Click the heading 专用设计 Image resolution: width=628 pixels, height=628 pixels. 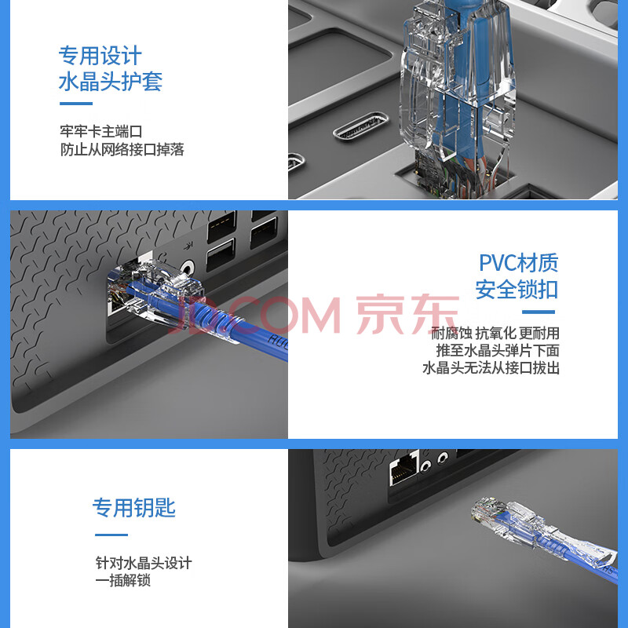[100, 55]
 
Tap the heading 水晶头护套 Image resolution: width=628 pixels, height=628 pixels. [111, 82]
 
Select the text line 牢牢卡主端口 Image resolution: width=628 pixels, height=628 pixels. [101, 131]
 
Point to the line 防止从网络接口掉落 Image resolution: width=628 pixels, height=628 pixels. [122, 149]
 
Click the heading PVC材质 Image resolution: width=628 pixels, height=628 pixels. [519, 263]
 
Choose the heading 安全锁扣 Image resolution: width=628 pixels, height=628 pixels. [517, 290]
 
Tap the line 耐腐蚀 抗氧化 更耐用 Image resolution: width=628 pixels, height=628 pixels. [495, 333]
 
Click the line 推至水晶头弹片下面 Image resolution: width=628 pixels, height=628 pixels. [498, 351]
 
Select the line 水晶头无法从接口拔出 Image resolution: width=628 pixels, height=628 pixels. [491, 368]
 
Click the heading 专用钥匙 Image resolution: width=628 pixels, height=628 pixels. [134, 508]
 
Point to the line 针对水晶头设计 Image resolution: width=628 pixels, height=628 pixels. [144, 563]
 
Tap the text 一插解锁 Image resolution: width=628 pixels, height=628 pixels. [123, 580]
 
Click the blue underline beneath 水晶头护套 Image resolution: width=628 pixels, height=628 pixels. [76, 104]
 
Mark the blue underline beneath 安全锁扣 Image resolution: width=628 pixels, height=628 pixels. [539, 312]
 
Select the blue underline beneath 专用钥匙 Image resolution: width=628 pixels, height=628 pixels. [111, 535]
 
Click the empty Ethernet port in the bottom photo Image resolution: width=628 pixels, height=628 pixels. [403, 469]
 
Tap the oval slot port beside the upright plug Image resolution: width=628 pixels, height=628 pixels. [361, 126]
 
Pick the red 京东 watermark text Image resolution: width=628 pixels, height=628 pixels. [407, 315]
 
